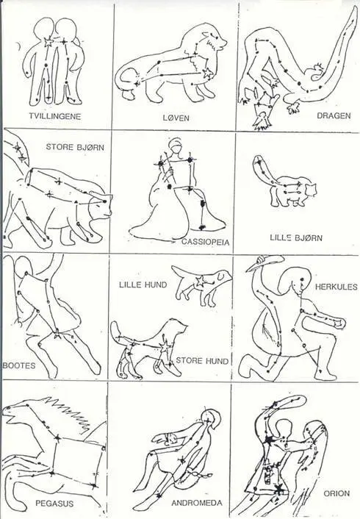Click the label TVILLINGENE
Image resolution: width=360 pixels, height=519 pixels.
pyautogui.click(x=54, y=116)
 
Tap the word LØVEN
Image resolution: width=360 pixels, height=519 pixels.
pyautogui.click(x=176, y=118)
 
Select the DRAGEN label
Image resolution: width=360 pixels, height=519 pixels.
pyautogui.click(x=334, y=115)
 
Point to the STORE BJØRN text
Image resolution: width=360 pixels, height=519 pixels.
pyautogui.click(x=75, y=146)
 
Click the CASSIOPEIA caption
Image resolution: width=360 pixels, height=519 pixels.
pyautogui.click(x=205, y=242)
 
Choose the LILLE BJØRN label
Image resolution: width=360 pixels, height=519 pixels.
pyautogui.click(x=296, y=237)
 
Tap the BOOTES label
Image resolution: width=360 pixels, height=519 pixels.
pyautogui.click(x=19, y=365)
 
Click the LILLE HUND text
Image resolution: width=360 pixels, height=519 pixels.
pyautogui.click(x=143, y=284)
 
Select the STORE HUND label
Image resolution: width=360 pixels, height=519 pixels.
pyautogui.click(x=202, y=360)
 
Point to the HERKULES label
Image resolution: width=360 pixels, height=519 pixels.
pyautogui.click(x=336, y=287)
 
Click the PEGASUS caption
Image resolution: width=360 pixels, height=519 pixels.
pyautogui.click(x=54, y=504)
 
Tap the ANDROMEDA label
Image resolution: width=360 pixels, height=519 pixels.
pyautogui.click(x=197, y=503)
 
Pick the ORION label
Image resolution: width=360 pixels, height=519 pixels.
pyautogui.click(x=336, y=493)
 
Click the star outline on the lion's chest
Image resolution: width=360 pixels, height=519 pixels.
pyautogui.click(x=207, y=72)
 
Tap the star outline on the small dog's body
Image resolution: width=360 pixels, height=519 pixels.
pyautogui.click(x=200, y=281)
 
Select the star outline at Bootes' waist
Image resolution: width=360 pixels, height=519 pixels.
pyautogui.click(x=57, y=334)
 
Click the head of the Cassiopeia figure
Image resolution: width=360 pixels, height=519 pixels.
pyautogui.click(x=175, y=146)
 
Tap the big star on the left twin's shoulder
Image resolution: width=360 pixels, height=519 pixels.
pyautogui.click(x=48, y=43)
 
